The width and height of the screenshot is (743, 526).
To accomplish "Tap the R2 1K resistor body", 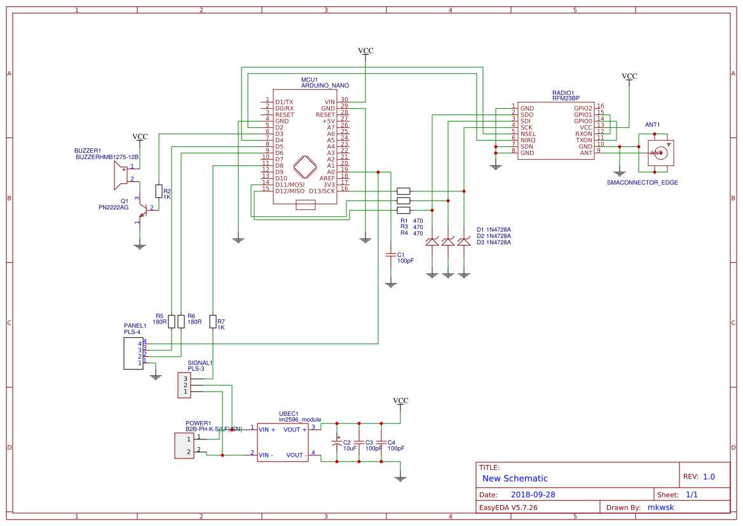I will pyautogui.click(x=158, y=191).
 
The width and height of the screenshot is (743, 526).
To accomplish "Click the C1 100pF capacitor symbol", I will pyautogui.click(x=390, y=255).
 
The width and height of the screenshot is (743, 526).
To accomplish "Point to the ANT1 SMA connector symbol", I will pyautogui.click(x=660, y=153).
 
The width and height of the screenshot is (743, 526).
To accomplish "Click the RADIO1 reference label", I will pyautogui.click(x=563, y=92).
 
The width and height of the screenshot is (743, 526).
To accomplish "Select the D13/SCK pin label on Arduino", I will pyautogui.click(x=322, y=191).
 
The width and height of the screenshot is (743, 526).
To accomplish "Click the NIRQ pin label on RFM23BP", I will pyautogui.click(x=528, y=140).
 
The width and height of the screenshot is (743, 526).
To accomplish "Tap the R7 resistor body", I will pyautogui.click(x=212, y=321).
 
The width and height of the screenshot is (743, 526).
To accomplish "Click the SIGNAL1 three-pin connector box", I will pyautogui.click(x=183, y=385).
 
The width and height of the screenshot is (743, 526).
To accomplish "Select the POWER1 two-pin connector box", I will pyautogui.click(x=184, y=445).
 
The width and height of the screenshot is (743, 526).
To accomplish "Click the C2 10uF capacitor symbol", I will pyautogui.click(x=337, y=443).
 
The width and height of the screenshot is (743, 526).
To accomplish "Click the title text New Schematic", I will pyautogui.click(x=515, y=478).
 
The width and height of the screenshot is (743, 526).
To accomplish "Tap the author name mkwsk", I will pyautogui.click(x=661, y=508).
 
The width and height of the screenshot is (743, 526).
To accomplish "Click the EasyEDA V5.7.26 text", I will pyautogui.click(x=508, y=508).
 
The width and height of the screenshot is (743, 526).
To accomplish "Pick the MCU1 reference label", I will pyautogui.click(x=310, y=80).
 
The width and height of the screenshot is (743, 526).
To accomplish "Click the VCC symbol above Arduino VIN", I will pyautogui.click(x=365, y=51).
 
